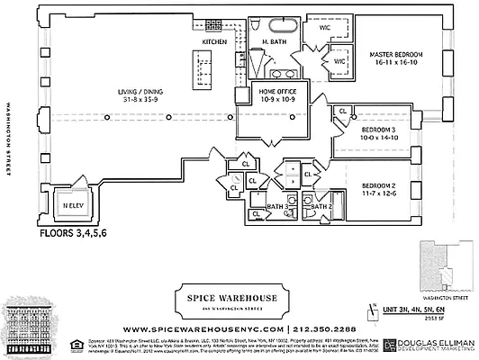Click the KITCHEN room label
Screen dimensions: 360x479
pyautogui.click(x=214, y=42)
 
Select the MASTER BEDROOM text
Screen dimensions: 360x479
pyautogui.click(x=396, y=55)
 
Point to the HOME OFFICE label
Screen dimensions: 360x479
pyautogui.click(x=280, y=91)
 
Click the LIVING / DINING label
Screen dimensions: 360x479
pyautogui.click(x=146, y=91)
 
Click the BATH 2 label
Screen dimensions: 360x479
pyautogui.click(x=321, y=208)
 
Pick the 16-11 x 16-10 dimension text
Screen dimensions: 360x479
pyautogui.click(x=396, y=65)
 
